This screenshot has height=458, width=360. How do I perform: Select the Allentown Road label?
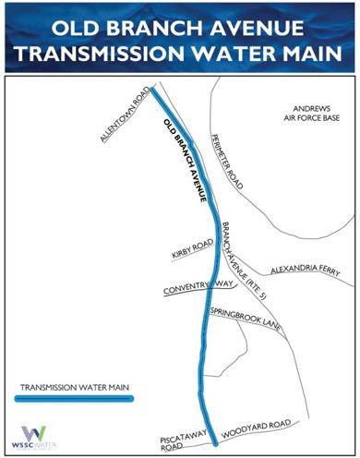point(124,115)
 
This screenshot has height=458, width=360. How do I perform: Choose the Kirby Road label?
point(191,249)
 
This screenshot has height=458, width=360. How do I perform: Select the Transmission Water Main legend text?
point(72,384)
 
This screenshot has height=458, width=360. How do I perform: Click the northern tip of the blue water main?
point(154,90)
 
